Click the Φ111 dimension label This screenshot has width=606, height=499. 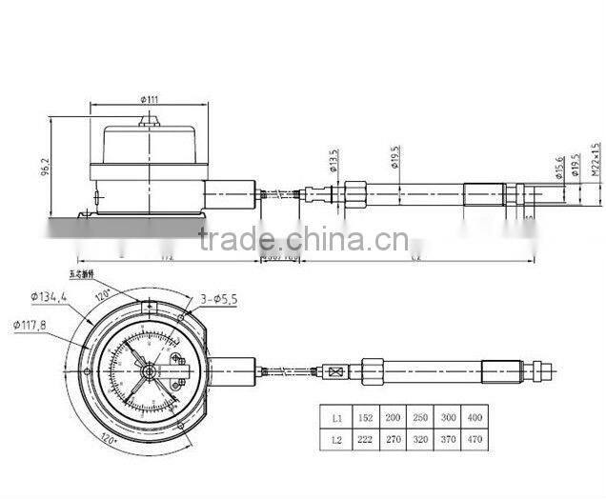pos(150,98)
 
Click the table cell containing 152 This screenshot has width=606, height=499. pos(367,417)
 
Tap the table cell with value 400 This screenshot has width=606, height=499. pos(474,417)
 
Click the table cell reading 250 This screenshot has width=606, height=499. pos(420,417)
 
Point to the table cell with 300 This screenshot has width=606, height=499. pos(447,417)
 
